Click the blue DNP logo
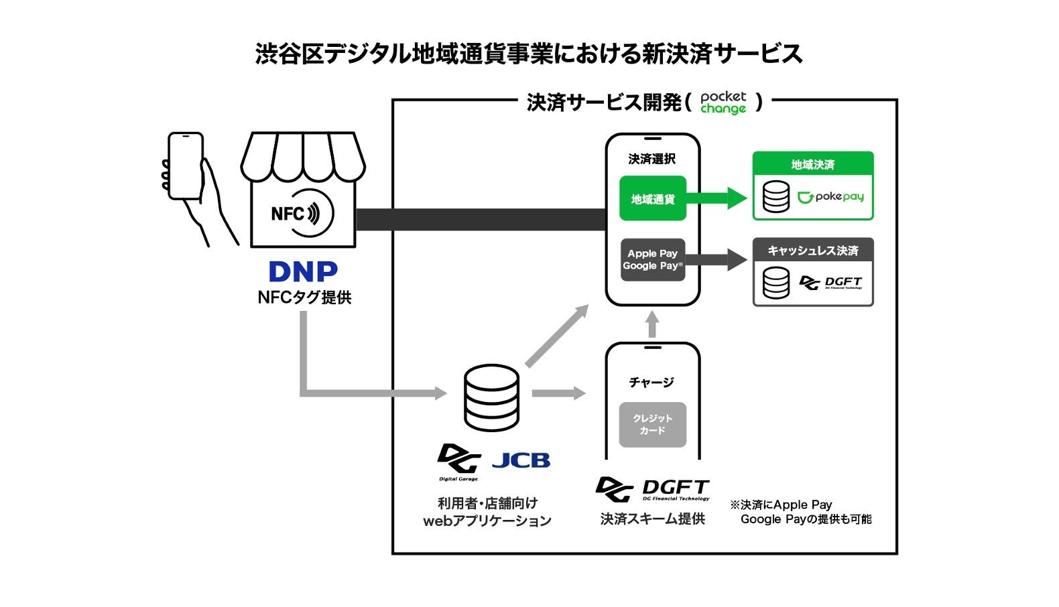303,271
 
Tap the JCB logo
521,460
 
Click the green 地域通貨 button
653,198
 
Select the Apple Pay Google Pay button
652,260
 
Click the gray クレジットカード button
652,424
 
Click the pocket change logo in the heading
723,103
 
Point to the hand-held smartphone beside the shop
185,165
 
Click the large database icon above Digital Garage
491,397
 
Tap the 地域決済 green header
812,164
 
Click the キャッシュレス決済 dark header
812,250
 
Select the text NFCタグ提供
304,297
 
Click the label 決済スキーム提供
652,519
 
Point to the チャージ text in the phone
651,383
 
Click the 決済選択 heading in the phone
651,159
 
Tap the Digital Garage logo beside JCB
459,462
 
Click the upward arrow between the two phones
652,324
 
